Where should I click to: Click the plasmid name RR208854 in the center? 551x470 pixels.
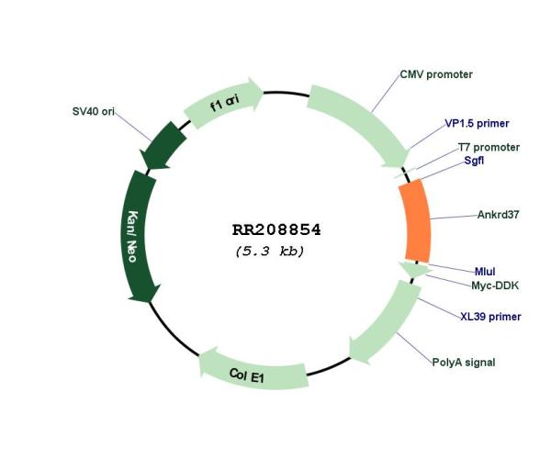coord(276,230)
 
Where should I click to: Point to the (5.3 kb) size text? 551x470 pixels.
coord(270,252)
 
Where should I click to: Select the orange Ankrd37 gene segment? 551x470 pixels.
coord(415,220)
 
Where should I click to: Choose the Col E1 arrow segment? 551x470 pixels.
coord(252,372)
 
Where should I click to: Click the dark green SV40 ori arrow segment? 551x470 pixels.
coord(163,146)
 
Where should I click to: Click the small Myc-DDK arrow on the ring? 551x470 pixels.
coord(415,270)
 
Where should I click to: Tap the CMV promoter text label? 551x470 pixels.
coord(436,74)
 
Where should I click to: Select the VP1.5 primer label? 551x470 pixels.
coord(477,123)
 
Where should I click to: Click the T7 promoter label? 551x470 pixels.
coord(489,147)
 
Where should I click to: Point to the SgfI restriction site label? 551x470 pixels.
coord(474,161)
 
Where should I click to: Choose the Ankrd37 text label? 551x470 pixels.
coord(498,215)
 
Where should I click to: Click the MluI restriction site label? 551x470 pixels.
coord(485,272)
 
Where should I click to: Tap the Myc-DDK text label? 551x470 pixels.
coord(495,285)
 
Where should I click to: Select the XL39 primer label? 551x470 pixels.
coord(490,317)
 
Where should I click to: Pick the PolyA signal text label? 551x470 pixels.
coord(464,363)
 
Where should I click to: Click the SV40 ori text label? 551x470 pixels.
coord(94,111)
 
